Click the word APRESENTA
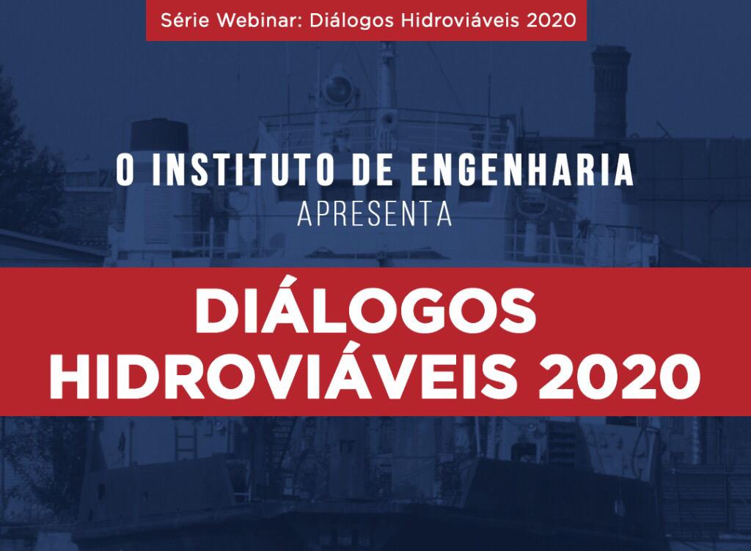[x=375, y=215]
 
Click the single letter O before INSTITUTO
[x=125, y=170]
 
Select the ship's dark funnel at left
[x=159, y=136]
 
